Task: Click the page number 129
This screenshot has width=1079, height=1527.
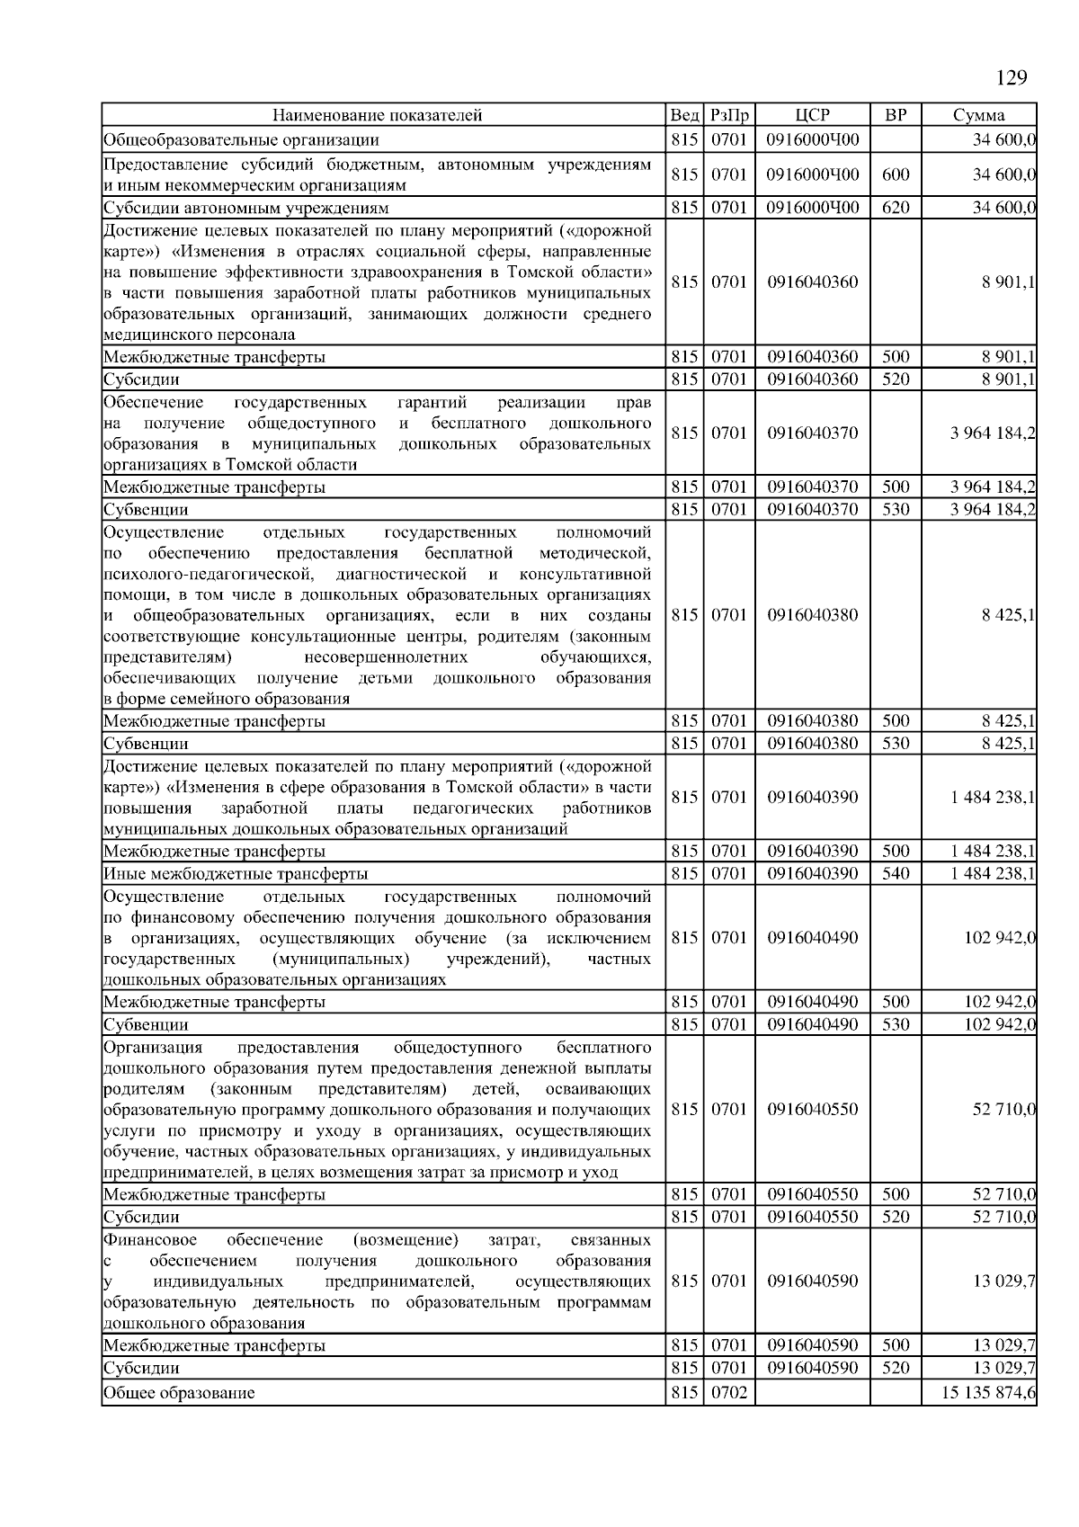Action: point(1012,78)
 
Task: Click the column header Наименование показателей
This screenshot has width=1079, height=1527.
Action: point(378,115)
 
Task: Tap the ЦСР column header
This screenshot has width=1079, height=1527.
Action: point(812,115)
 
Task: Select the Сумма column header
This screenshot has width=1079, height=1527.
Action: point(979,115)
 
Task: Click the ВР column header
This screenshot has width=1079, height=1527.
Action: point(896,115)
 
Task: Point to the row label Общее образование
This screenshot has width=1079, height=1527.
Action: point(179,1393)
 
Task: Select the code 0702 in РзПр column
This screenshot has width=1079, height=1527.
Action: point(729,1393)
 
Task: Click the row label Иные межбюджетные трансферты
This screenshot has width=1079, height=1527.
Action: point(236,873)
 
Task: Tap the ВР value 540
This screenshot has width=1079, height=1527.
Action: point(896,873)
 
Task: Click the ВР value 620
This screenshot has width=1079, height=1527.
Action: point(896,208)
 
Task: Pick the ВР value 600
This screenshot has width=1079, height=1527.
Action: point(896,174)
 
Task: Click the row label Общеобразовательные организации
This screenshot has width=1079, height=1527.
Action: point(241,139)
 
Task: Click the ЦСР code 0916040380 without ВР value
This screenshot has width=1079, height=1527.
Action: point(812,615)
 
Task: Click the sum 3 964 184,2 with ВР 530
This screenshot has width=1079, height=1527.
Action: point(993,509)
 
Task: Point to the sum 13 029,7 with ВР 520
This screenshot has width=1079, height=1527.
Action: point(1003,1368)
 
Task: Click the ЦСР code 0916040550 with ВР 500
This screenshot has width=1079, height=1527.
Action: point(812,1194)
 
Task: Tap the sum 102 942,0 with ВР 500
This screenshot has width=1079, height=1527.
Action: point(1000,1002)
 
